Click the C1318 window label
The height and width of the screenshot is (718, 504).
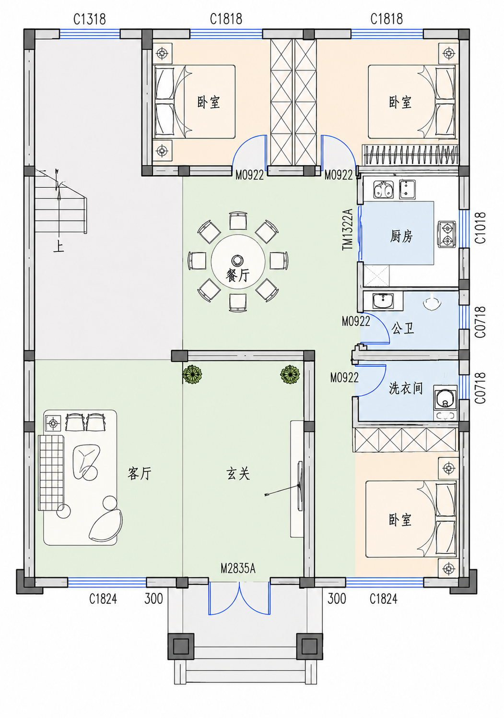tap(89, 19)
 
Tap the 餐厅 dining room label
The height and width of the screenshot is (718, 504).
tap(237, 275)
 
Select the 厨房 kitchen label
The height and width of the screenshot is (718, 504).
tap(401, 236)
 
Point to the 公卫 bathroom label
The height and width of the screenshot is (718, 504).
tap(402, 328)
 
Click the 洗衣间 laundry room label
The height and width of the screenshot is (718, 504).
tap(406, 388)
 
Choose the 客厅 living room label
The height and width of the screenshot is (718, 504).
tap(139, 473)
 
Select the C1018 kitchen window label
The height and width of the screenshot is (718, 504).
tap(481, 227)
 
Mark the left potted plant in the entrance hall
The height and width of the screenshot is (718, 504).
tap(192, 374)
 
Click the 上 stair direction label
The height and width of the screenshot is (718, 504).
tap(59, 247)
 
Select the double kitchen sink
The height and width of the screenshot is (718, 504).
tap(383, 190)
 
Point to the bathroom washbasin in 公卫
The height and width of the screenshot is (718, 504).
tap(383, 301)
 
